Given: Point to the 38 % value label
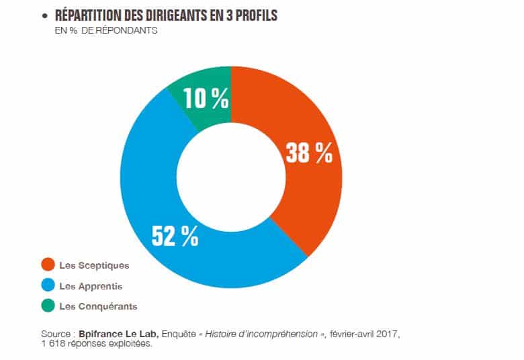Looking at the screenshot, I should click(309, 153).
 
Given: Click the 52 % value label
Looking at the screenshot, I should click(175, 236).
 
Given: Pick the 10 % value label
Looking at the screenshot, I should click(208, 99).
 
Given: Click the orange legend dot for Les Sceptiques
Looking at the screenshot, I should click(47, 265).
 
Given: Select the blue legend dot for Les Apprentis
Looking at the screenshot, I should click(47, 286).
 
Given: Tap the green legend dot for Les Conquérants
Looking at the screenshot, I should click(47, 306).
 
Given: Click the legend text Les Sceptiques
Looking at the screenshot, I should click(94, 265).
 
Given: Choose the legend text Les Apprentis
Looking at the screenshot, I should click(91, 286).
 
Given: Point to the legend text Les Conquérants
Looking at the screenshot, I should click(98, 306).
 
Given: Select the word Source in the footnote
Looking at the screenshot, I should click(55, 334).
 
